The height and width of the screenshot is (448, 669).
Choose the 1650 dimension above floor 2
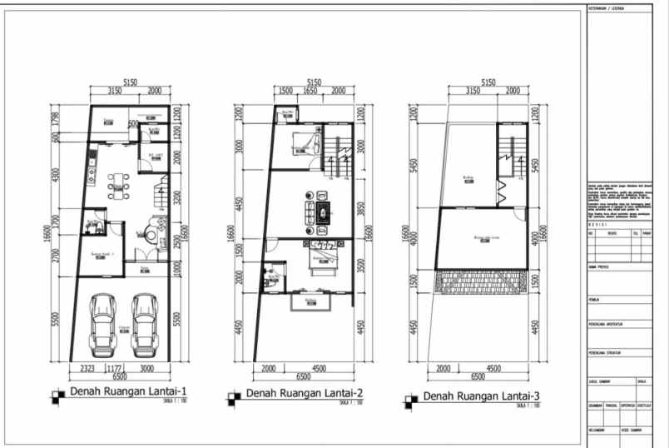[309, 91]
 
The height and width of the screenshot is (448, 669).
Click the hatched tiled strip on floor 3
[481, 281]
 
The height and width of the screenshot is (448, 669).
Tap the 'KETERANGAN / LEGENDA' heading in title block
[608, 8]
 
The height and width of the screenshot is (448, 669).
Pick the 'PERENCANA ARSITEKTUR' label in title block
[607, 326]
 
